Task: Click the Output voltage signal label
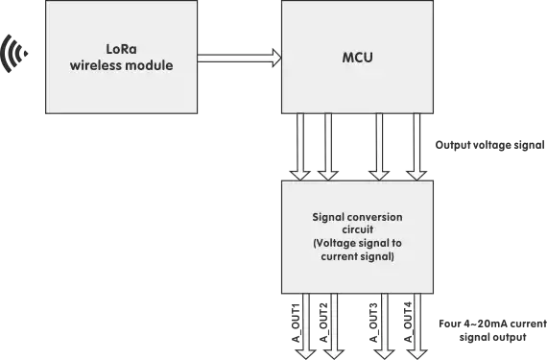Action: [x=489, y=146]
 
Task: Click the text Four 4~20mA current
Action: [x=491, y=324]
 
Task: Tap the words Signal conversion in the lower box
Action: [x=357, y=217]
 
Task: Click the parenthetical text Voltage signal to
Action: [x=357, y=244]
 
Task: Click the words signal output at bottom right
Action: [x=491, y=338]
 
